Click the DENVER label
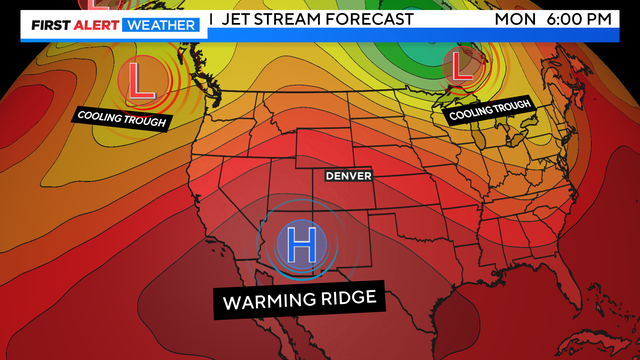(x=349, y=176)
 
